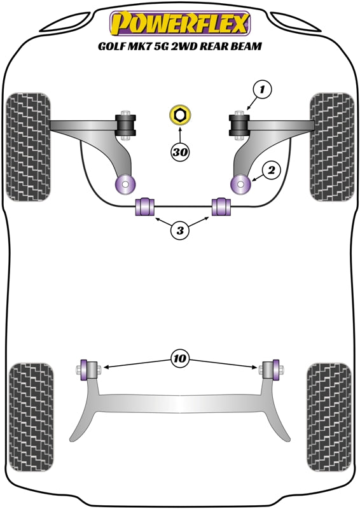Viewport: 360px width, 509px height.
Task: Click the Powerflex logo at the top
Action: [180, 24]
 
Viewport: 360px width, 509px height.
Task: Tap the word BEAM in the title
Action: [247, 46]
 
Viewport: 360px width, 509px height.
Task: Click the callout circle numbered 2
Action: [271, 170]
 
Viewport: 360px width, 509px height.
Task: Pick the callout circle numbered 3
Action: [180, 232]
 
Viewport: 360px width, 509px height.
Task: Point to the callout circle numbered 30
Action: [180, 151]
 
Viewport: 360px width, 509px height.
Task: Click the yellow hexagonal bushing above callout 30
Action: [180, 116]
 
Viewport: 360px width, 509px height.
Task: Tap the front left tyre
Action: [28, 146]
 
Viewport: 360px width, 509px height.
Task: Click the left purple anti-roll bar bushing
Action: [146, 207]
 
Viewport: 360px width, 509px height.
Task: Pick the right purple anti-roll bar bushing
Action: [220, 207]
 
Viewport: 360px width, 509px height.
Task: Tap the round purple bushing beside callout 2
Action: [242, 185]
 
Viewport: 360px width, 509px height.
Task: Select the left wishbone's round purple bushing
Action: [125, 185]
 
